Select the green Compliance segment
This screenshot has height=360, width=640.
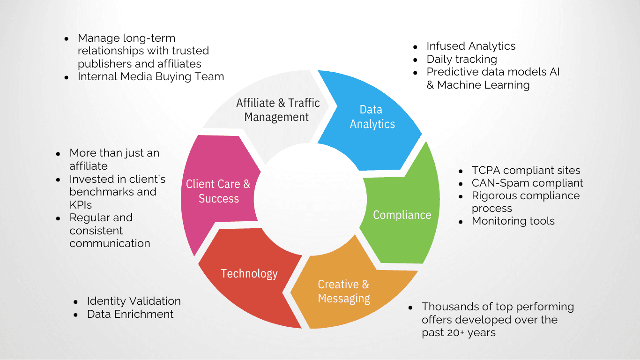pyautogui.click(x=402, y=215)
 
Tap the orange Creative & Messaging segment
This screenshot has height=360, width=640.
pyautogui.click(x=344, y=291)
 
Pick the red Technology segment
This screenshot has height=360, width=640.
pyautogui.click(x=249, y=273)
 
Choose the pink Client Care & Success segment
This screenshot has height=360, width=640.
pyautogui.click(x=218, y=191)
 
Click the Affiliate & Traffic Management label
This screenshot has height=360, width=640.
pyautogui.click(x=277, y=110)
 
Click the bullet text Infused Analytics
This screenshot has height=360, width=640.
pyautogui.click(x=470, y=46)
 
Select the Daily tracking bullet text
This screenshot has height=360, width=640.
pyautogui.click(x=461, y=59)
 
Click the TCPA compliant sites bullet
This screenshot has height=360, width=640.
pyautogui.click(x=526, y=170)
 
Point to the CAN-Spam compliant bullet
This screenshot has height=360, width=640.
pyautogui.click(x=527, y=183)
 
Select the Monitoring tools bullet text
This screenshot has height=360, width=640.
pyautogui.click(x=513, y=221)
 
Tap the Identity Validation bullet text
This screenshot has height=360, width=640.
pyautogui.click(x=134, y=301)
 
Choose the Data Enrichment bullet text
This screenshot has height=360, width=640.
pyautogui.click(x=130, y=314)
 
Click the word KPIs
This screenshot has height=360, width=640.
pyautogui.click(x=81, y=205)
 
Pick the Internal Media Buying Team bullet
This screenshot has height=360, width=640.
pyautogui.click(x=150, y=76)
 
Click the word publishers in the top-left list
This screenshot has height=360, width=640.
pyautogui.click(x=103, y=64)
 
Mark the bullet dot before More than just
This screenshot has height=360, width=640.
pyautogui.click(x=58, y=153)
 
